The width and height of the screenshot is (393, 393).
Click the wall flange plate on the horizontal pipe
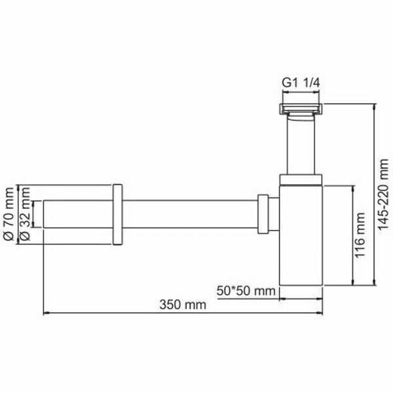pyautogui.click(x=117, y=214)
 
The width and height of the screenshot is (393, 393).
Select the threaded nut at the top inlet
pyautogui.click(x=301, y=109)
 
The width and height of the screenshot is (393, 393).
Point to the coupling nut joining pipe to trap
pyautogui.click(x=263, y=214)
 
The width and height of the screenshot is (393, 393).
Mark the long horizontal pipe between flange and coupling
pyautogui.click(x=190, y=214)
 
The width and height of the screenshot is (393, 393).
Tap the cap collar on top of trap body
pyautogui.click(x=301, y=181)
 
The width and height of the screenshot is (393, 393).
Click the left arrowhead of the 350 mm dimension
pyautogui.click(x=47, y=313)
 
